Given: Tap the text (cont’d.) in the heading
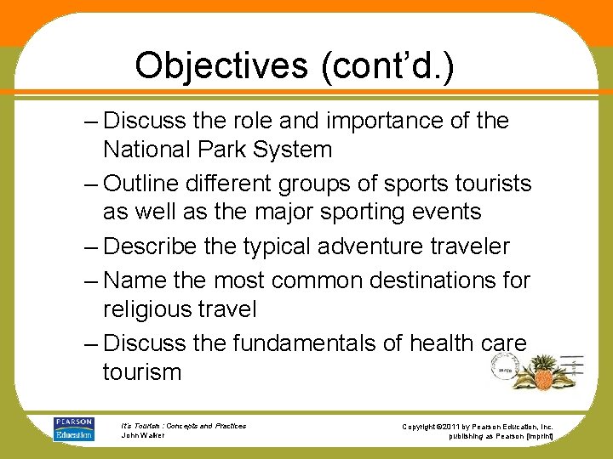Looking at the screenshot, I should click(387, 65).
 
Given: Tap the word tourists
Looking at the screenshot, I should click(489, 184).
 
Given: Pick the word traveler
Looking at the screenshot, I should click(472, 246).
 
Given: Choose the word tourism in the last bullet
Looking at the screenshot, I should click(142, 371).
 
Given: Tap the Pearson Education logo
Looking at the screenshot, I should click(74, 429).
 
